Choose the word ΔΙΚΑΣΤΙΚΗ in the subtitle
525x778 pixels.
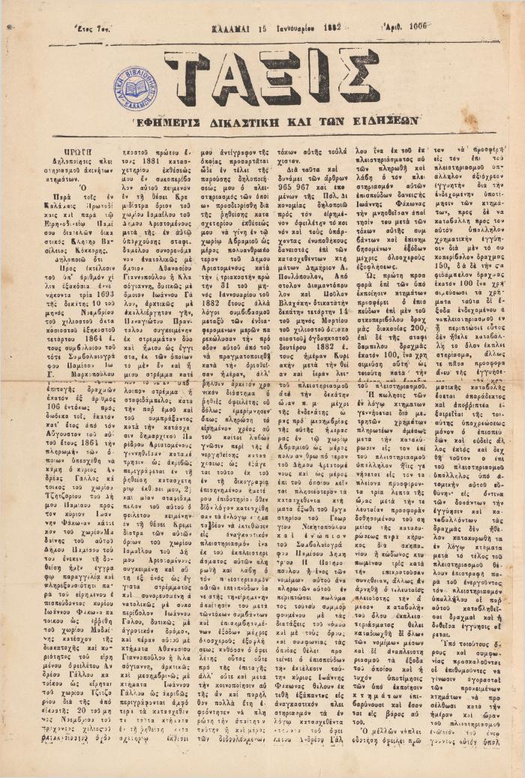(286, 120)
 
